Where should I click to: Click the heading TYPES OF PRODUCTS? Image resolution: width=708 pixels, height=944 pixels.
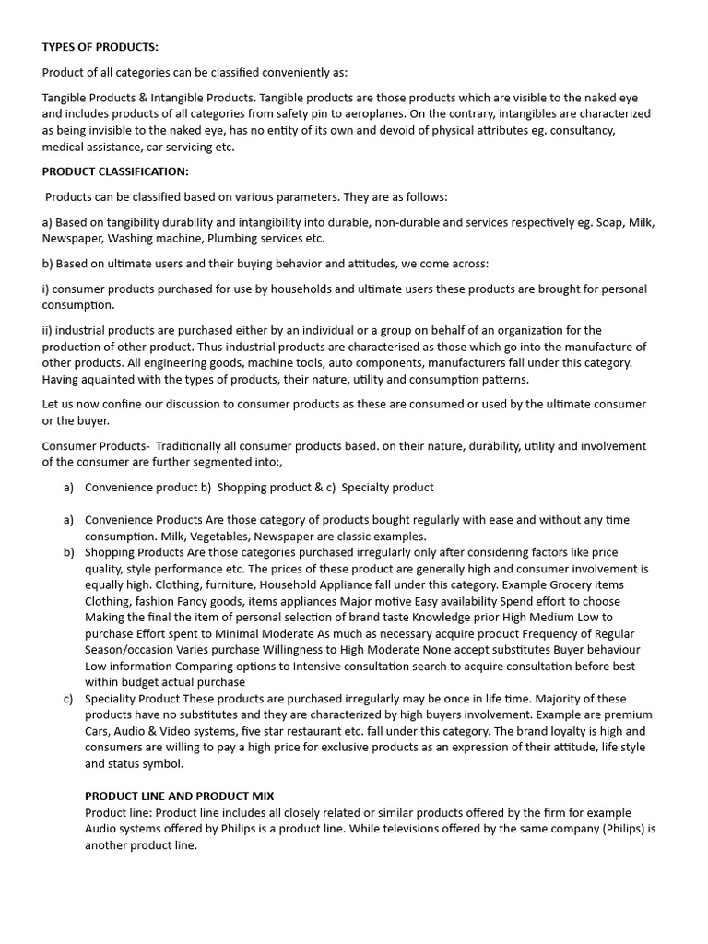[x=100, y=47]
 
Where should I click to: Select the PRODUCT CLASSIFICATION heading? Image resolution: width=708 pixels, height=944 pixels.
[x=115, y=171]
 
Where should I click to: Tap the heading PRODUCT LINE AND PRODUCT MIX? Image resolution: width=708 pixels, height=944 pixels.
[x=179, y=796]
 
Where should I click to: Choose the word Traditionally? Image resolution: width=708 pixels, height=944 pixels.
[x=194, y=446]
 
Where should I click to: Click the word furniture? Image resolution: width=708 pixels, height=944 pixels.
[x=226, y=585]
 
